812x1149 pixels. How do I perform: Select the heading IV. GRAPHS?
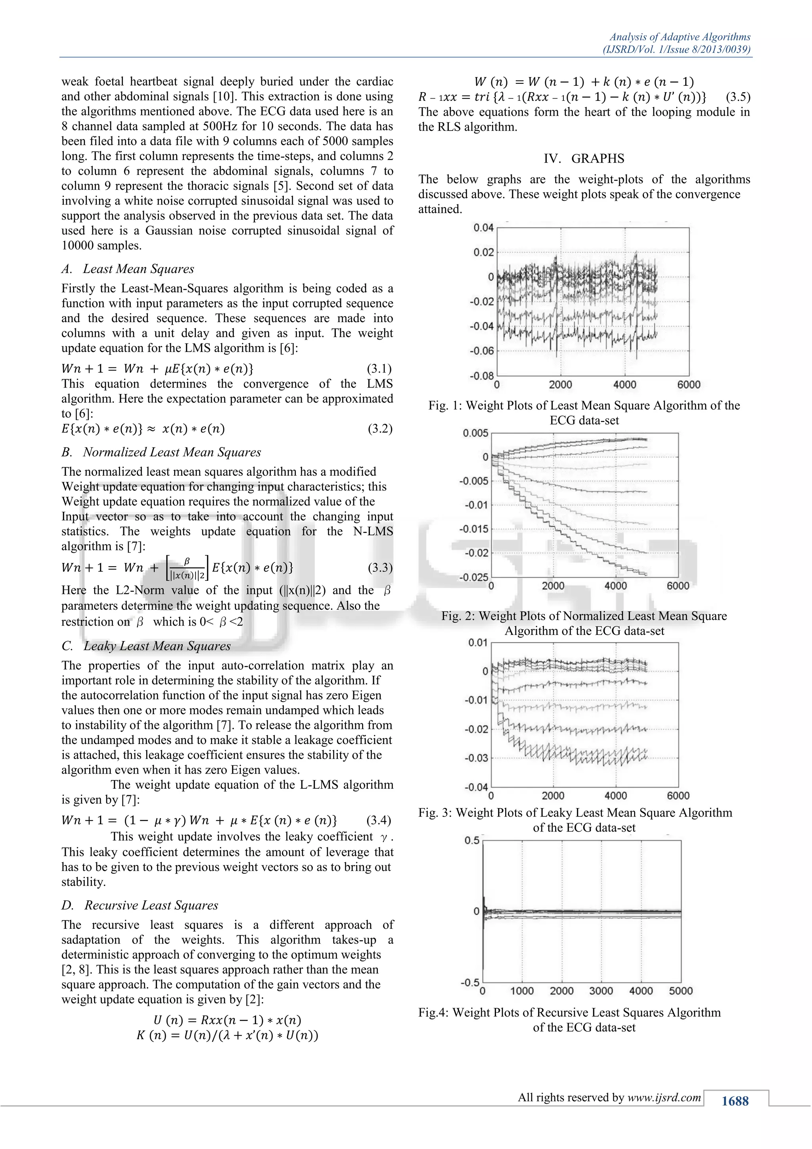pyautogui.click(x=584, y=159)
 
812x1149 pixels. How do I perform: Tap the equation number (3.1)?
pyautogui.click(x=379, y=369)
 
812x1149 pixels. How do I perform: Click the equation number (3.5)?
pyautogui.click(x=737, y=97)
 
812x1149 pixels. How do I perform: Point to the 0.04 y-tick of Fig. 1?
pyautogui.click(x=483, y=228)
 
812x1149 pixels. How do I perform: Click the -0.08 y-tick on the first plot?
pyautogui.click(x=481, y=375)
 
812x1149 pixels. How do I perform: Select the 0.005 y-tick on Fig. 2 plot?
pyautogui.click(x=475, y=433)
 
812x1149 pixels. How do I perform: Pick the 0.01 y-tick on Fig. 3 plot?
pyautogui.click(x=477, y=643)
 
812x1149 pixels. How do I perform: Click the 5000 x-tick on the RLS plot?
pyautogui.click(x=680, y=990)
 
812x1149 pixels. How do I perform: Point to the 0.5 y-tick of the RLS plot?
pyautogui.click(x=471, y=840)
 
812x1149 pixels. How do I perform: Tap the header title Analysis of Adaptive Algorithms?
pyautogui.click(x=680, y=37)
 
